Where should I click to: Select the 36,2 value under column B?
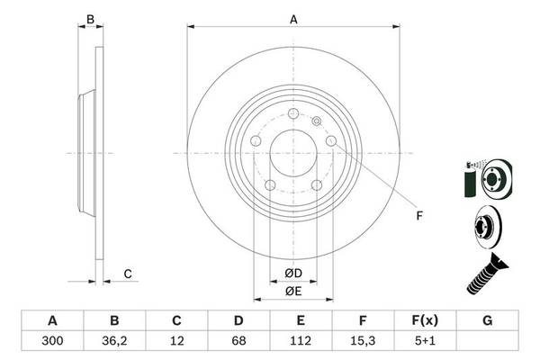coord(114,341)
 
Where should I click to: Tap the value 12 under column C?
coord(177,341)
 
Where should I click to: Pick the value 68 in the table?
coord(238,341)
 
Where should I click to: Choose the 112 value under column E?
coord(301,341)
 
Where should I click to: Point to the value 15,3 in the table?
coord(362,341)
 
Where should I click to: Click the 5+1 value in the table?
coord(424,341)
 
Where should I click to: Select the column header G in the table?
coord(486,320)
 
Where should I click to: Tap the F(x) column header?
coord(424,320)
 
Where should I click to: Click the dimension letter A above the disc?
coord(293,18)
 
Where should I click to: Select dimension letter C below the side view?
coord(127,274)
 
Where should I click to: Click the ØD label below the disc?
coord(293,273)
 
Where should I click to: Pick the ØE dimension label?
coord(293,290)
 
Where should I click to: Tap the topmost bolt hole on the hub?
coord(293,115)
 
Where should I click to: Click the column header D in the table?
coord(238,320)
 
